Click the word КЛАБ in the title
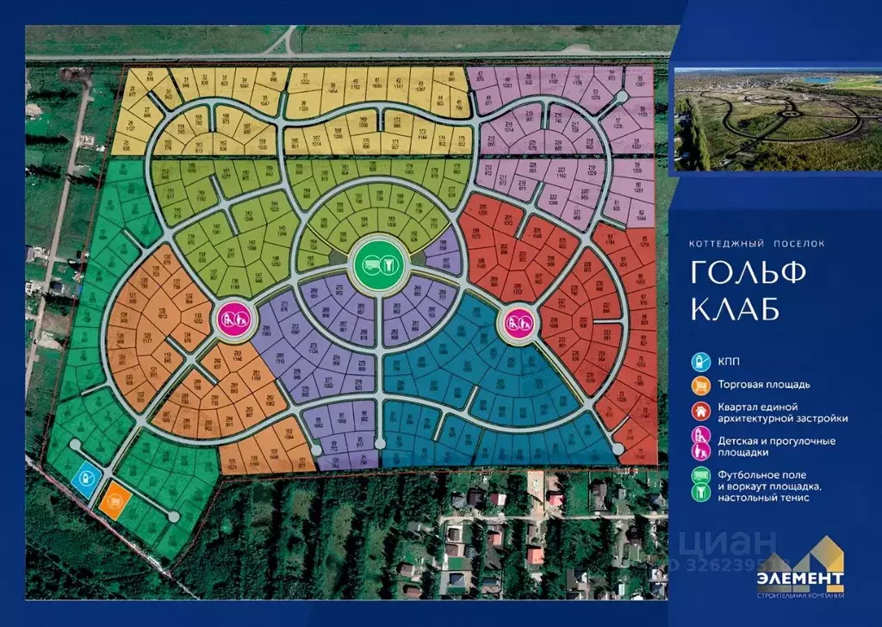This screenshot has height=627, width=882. [x=731, y=307]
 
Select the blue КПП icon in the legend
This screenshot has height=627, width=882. [x=702, y=360]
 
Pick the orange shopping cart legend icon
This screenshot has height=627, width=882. [x=702, y=384]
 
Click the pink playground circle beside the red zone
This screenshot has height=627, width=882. [x=515, y=323]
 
